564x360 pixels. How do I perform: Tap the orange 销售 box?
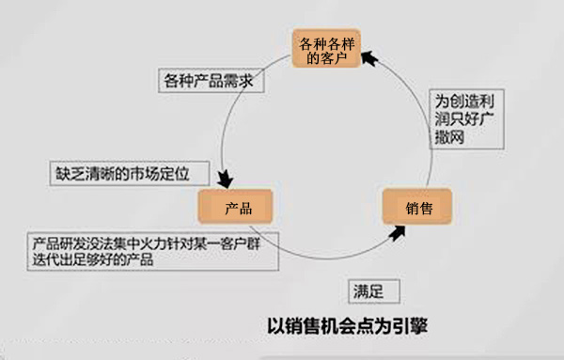[417, 206]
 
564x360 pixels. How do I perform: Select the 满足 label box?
[364, 290]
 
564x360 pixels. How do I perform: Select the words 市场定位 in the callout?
[157, 174]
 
